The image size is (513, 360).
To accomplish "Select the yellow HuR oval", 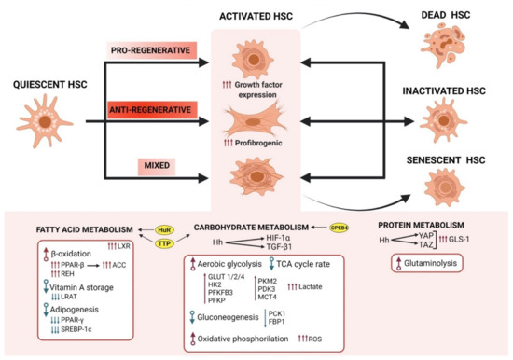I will click(x=165, y=226).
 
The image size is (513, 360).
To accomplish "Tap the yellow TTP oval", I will click(x=165, y=242).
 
